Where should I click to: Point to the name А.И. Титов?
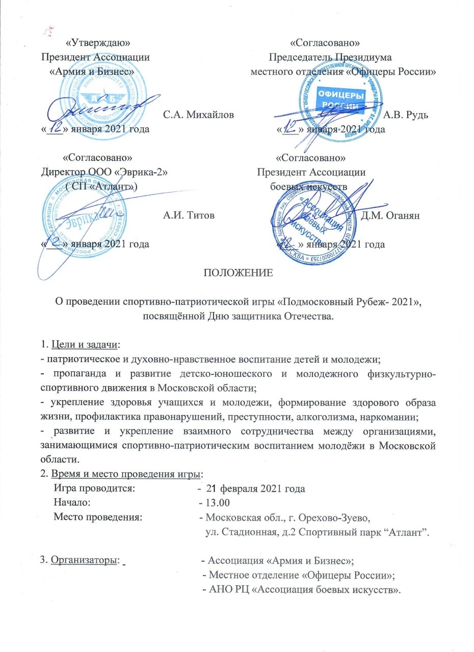pos(189,216)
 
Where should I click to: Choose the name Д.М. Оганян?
pos(390,216)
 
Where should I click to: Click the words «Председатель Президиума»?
pos(330,58)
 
